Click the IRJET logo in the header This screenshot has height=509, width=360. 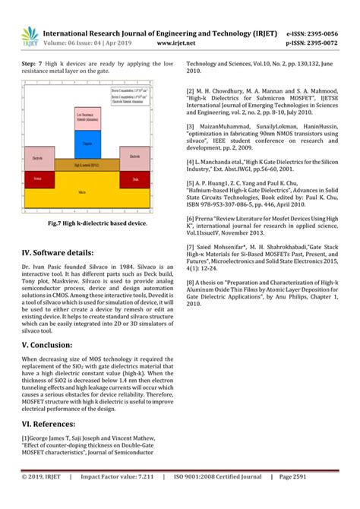coord(30,35)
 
